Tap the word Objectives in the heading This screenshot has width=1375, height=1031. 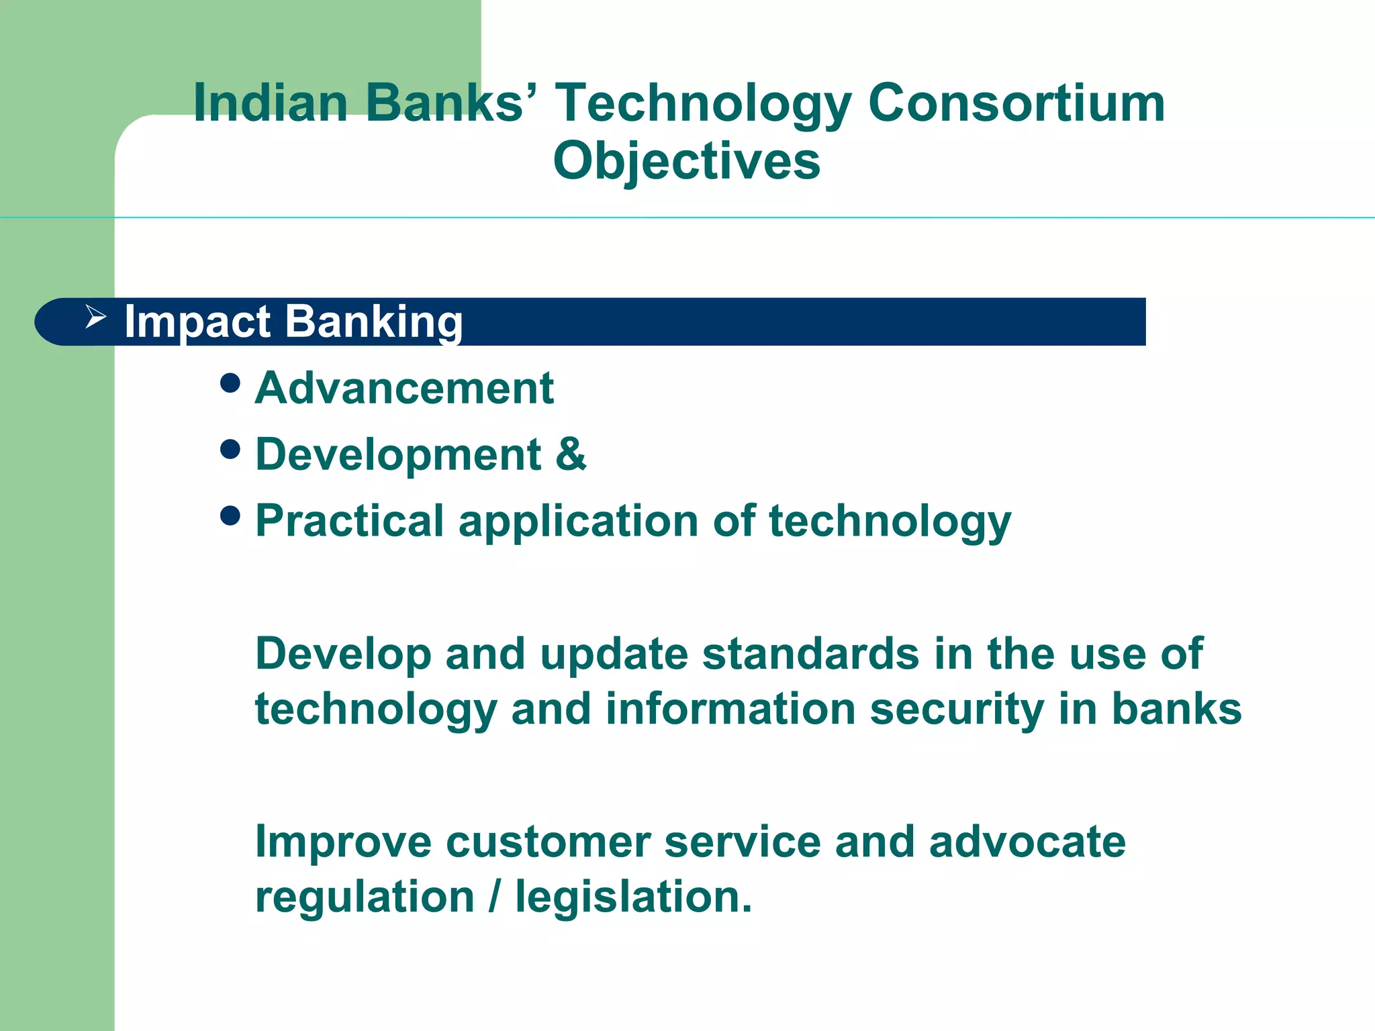click(686, 161)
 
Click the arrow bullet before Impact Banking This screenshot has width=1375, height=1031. click(95, 317)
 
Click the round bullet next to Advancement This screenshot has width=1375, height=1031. click(230, 383)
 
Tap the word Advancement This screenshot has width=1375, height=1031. click(404, 388)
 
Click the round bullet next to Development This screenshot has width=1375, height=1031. click(230, 449)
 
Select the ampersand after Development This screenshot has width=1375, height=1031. click(571, 454)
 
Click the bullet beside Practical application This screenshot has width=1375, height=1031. click(230, 515)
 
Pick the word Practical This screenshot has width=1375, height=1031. click(350, 521)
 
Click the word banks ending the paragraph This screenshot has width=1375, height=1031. click(1176, 709)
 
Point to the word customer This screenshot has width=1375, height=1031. click(548, 842)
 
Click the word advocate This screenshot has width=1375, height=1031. click(1027, 842)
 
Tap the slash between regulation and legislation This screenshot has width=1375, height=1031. click(495, 897)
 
